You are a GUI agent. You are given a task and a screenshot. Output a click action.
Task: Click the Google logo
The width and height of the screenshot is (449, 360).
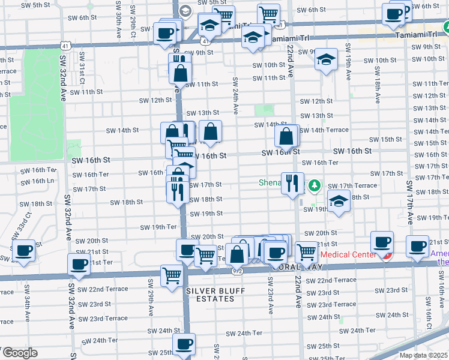coord(19,353)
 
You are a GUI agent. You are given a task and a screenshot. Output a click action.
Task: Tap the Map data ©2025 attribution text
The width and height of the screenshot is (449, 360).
coord(424,355)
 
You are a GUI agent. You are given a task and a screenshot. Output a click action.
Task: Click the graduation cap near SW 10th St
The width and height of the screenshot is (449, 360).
coord(326,59)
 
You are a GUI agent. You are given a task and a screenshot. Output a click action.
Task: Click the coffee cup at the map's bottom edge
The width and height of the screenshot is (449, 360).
coord(184,344)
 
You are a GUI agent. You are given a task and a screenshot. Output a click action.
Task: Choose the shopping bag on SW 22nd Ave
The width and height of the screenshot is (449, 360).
coord(287,136)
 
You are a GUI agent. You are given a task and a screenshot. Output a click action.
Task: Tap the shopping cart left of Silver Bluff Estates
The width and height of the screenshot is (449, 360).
coord(172,276)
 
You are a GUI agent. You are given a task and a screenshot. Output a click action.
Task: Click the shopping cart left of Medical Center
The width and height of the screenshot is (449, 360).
coord(306,252)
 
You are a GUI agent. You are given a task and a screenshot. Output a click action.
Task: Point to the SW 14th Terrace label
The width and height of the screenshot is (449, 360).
coord(324,130)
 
